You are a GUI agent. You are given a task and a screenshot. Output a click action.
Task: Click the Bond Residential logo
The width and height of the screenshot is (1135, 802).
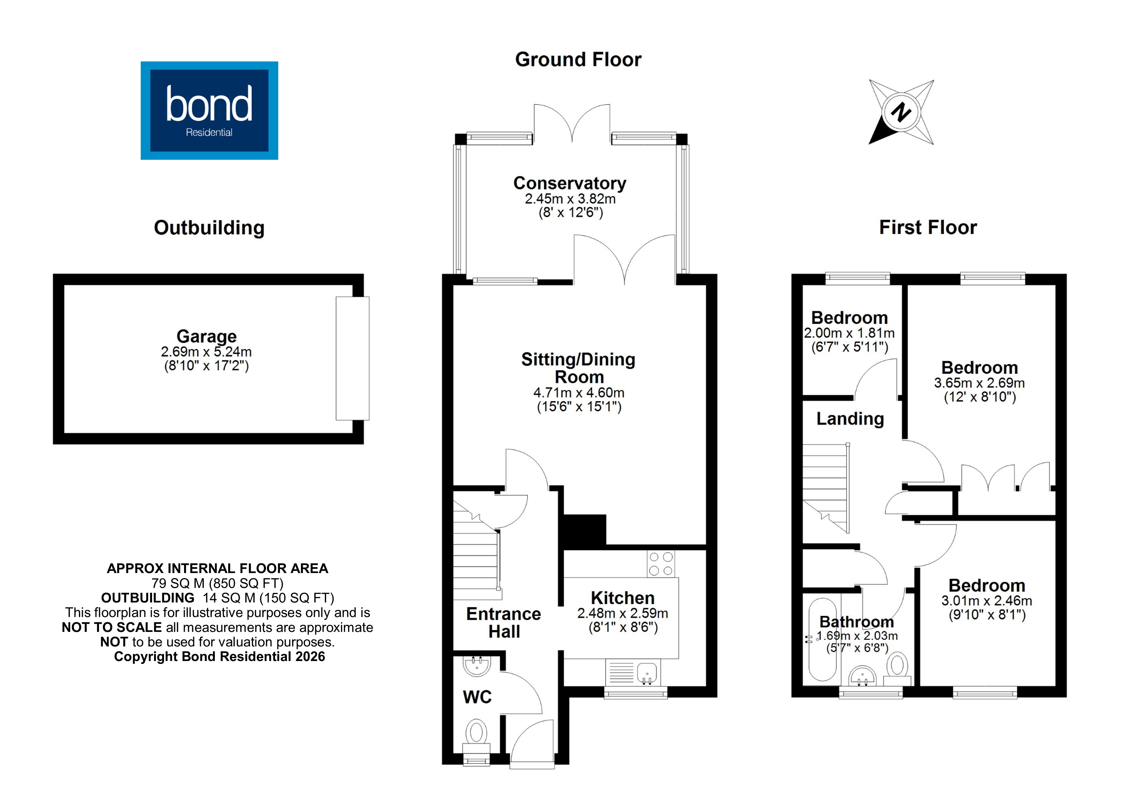pyautogui.click(x=209, y=110)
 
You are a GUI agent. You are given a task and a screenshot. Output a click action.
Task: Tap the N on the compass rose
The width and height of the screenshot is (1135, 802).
pyautogui.click(x=901, y=112)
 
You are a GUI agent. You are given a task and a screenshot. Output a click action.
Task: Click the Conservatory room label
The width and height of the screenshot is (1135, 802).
pyautogui.click(x=569, y=183)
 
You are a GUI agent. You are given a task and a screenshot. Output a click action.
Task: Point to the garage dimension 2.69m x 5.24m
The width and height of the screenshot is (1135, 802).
pyautogui.click(x=206, y=352)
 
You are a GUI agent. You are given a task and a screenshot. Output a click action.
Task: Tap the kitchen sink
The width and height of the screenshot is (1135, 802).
pyautogui.click(x=646, y=673)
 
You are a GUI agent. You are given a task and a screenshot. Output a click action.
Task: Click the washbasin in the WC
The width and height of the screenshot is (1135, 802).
pyautogui.click(x=477, y=666)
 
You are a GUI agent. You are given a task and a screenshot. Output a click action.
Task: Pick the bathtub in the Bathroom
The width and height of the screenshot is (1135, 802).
pyautogui.click(x=822, y=640)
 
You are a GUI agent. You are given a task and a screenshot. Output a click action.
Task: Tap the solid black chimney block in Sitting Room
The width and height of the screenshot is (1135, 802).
pyautogui.click(x=584, y=531)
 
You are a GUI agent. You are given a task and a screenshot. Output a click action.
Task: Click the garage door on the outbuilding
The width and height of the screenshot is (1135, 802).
pyautogui.click(x=352, y=358)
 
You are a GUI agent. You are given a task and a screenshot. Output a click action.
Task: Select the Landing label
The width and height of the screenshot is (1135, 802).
pyautogui.click(x=850, y=419)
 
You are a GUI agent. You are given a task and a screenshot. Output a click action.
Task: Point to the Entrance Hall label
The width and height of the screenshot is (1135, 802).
pyautogui.click(x=503, y=623)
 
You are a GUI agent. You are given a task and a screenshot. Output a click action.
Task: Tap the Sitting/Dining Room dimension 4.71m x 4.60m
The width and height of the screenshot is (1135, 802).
pyautogui.click(x=579, y=393)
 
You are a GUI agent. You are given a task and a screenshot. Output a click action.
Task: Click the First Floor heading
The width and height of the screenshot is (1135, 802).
pyautogui.click(x=927, y=228)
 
